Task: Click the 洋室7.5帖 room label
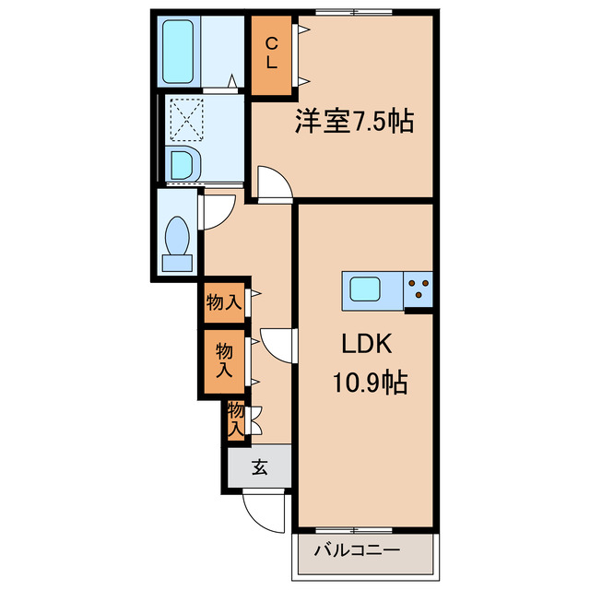[353, 121]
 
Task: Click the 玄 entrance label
[259, 466]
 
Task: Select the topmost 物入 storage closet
[224, 301]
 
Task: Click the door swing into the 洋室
[274, 183]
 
